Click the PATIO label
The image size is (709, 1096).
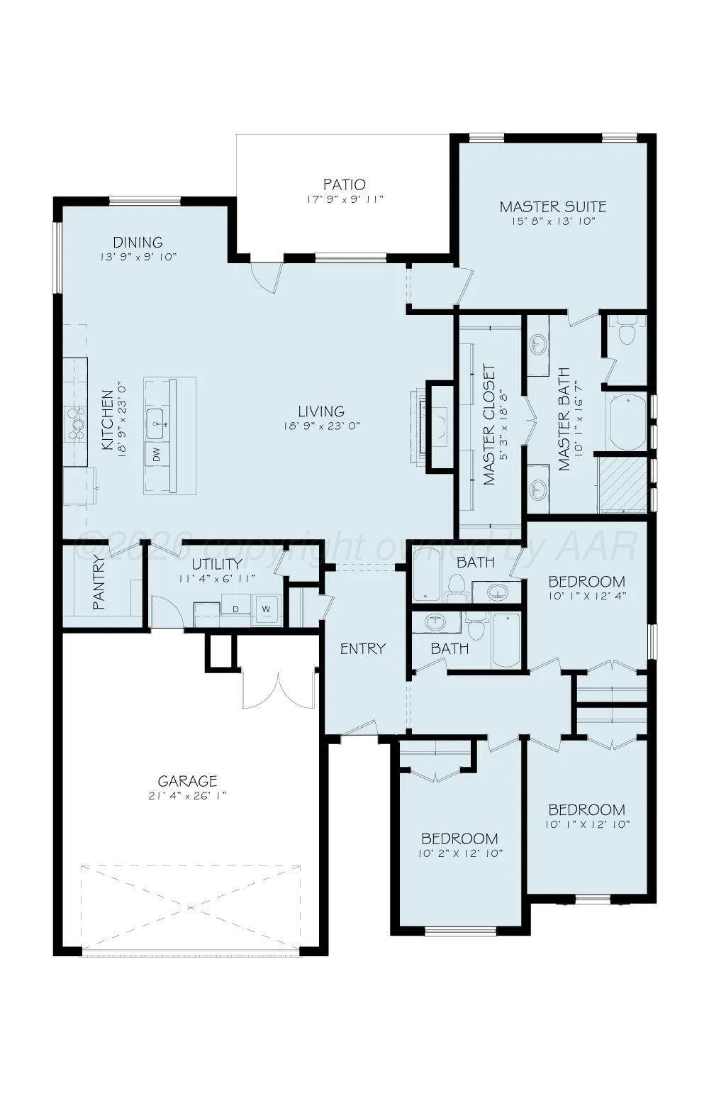tap(345, 185)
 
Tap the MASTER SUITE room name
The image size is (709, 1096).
tap(552, 206)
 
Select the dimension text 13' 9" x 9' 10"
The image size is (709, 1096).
tap(138, 257)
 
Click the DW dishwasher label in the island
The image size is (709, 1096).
tap(157, 455)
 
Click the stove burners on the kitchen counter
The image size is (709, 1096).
tap(77, 424)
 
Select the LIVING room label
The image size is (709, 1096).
tap(321, 411)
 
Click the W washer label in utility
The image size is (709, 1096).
tap(266, 609)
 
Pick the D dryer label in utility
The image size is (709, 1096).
tap(235, 609)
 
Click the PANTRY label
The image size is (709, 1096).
tap(99, 582)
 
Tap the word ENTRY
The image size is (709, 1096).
tap(363, 649)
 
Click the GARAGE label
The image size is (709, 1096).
tap(187, 780)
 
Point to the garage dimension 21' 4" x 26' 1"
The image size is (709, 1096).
tap(187, 796)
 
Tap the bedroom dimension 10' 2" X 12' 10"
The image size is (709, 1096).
tap(461, 853)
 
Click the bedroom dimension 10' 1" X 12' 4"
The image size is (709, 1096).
tap(587, 596)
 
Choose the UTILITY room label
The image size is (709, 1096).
tap(217, 564)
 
